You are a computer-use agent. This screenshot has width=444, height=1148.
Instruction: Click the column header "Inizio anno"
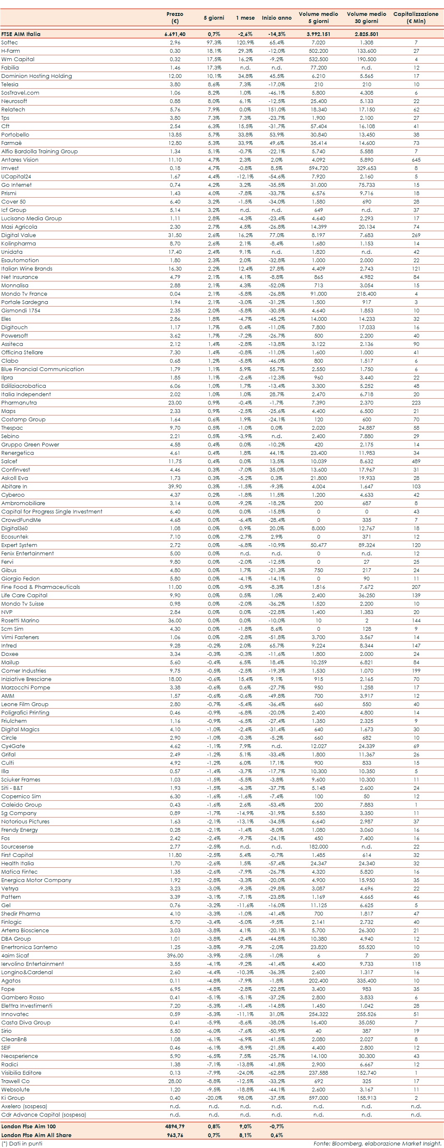click(x=277, y=18)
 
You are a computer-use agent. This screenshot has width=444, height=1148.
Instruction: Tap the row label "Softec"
click(x=10, y=42)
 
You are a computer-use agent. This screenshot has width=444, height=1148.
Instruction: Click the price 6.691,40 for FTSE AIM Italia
click(x=175, y=34)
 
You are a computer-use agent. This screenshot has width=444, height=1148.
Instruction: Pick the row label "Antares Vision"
click(x=20, y=160)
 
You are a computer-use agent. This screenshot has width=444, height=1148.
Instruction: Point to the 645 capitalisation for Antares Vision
click(x=416, y=160)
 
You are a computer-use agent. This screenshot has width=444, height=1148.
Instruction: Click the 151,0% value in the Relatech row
click(x=277, y=110)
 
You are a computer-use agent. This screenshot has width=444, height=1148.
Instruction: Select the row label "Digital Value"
click(x=18, y=235)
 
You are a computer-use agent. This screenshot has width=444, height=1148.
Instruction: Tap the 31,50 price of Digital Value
click(x=175, y=235)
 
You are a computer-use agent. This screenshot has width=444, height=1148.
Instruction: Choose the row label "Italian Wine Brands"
click(x=27, y=269)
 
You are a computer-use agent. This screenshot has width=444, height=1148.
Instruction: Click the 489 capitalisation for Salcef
click(x=416, y=461)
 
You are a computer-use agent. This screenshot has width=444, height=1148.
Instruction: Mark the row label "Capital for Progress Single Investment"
click(x=51, y=512)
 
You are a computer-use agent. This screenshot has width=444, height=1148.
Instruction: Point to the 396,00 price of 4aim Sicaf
click(x=175, y=955)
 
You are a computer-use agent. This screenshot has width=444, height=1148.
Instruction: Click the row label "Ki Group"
click(x=13, y=1098)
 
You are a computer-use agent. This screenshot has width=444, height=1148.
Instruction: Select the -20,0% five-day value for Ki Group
click(x=214, y=1098)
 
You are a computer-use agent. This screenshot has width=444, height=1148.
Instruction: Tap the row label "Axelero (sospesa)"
click(x=24, y=1106)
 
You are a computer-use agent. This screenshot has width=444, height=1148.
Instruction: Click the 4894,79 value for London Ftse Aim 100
click(x=175, y=1126)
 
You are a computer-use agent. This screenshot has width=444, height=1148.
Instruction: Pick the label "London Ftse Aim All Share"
click(x=36, y=1135)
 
